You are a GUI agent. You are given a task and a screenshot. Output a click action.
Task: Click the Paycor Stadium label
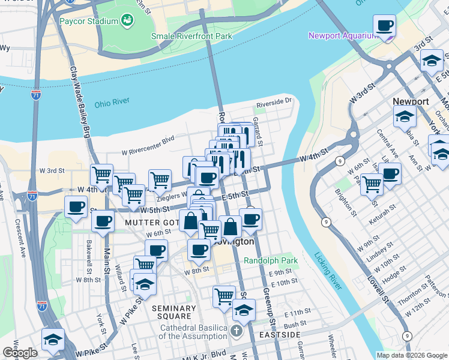coord(89,22)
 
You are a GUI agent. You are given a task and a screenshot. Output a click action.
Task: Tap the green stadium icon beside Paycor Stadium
coord(127,22)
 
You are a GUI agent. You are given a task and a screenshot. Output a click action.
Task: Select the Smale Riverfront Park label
coord(191,36)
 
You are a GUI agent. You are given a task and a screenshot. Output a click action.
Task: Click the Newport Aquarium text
coord(342,35)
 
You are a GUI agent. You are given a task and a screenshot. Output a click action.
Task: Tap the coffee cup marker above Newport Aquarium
coord(384,26)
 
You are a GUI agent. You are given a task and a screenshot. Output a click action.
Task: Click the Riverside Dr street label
coord(274,103)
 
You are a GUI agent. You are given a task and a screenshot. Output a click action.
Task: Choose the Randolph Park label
coord(271,261)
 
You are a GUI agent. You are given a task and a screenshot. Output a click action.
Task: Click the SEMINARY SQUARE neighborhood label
coord(174,313)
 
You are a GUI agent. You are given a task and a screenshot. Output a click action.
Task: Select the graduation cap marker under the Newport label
coord(405,116)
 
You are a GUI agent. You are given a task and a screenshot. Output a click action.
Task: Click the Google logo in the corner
coord(20,352)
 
